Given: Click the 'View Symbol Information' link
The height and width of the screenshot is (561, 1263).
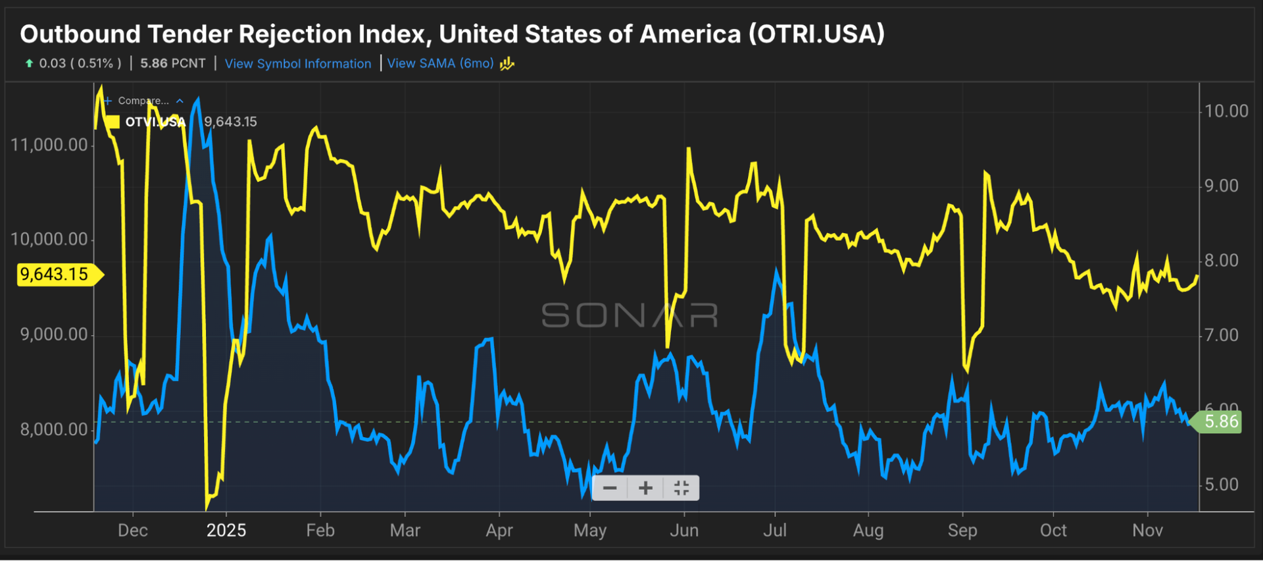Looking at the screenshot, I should (298, 64).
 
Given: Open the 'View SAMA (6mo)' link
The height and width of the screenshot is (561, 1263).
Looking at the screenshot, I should (440, 64).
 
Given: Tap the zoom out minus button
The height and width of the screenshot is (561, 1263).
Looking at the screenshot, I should (610, 488).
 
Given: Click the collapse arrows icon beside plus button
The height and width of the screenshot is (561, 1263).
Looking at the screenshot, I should (681, 488).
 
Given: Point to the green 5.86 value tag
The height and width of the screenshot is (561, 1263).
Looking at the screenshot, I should (1221, 421).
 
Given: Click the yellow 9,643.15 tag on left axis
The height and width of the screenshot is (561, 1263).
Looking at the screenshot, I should (55, 274).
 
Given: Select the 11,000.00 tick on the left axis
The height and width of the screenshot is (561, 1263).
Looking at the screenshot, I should (49, 145).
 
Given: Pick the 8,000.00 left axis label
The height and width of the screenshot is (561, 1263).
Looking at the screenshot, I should (54, 429).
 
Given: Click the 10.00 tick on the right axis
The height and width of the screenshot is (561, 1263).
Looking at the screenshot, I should (1226, 111).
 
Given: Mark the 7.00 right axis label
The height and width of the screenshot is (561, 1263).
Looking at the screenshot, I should (1222, 335).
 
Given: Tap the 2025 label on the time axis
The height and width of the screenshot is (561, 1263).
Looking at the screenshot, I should (226, 531).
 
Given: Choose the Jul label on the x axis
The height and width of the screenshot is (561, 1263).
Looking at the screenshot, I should (775, 531).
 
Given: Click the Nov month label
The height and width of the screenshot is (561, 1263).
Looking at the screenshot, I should (1147, 531).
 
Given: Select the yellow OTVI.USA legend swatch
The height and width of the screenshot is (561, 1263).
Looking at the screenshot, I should (113, 122).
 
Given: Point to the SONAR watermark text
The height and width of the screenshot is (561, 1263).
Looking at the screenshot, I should (630, 315).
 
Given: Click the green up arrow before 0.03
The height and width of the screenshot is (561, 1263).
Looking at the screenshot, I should (29, 63).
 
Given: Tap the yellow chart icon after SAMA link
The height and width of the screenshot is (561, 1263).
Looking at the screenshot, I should (507, 64).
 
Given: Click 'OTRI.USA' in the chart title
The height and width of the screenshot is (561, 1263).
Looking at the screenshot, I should (816, 34).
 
